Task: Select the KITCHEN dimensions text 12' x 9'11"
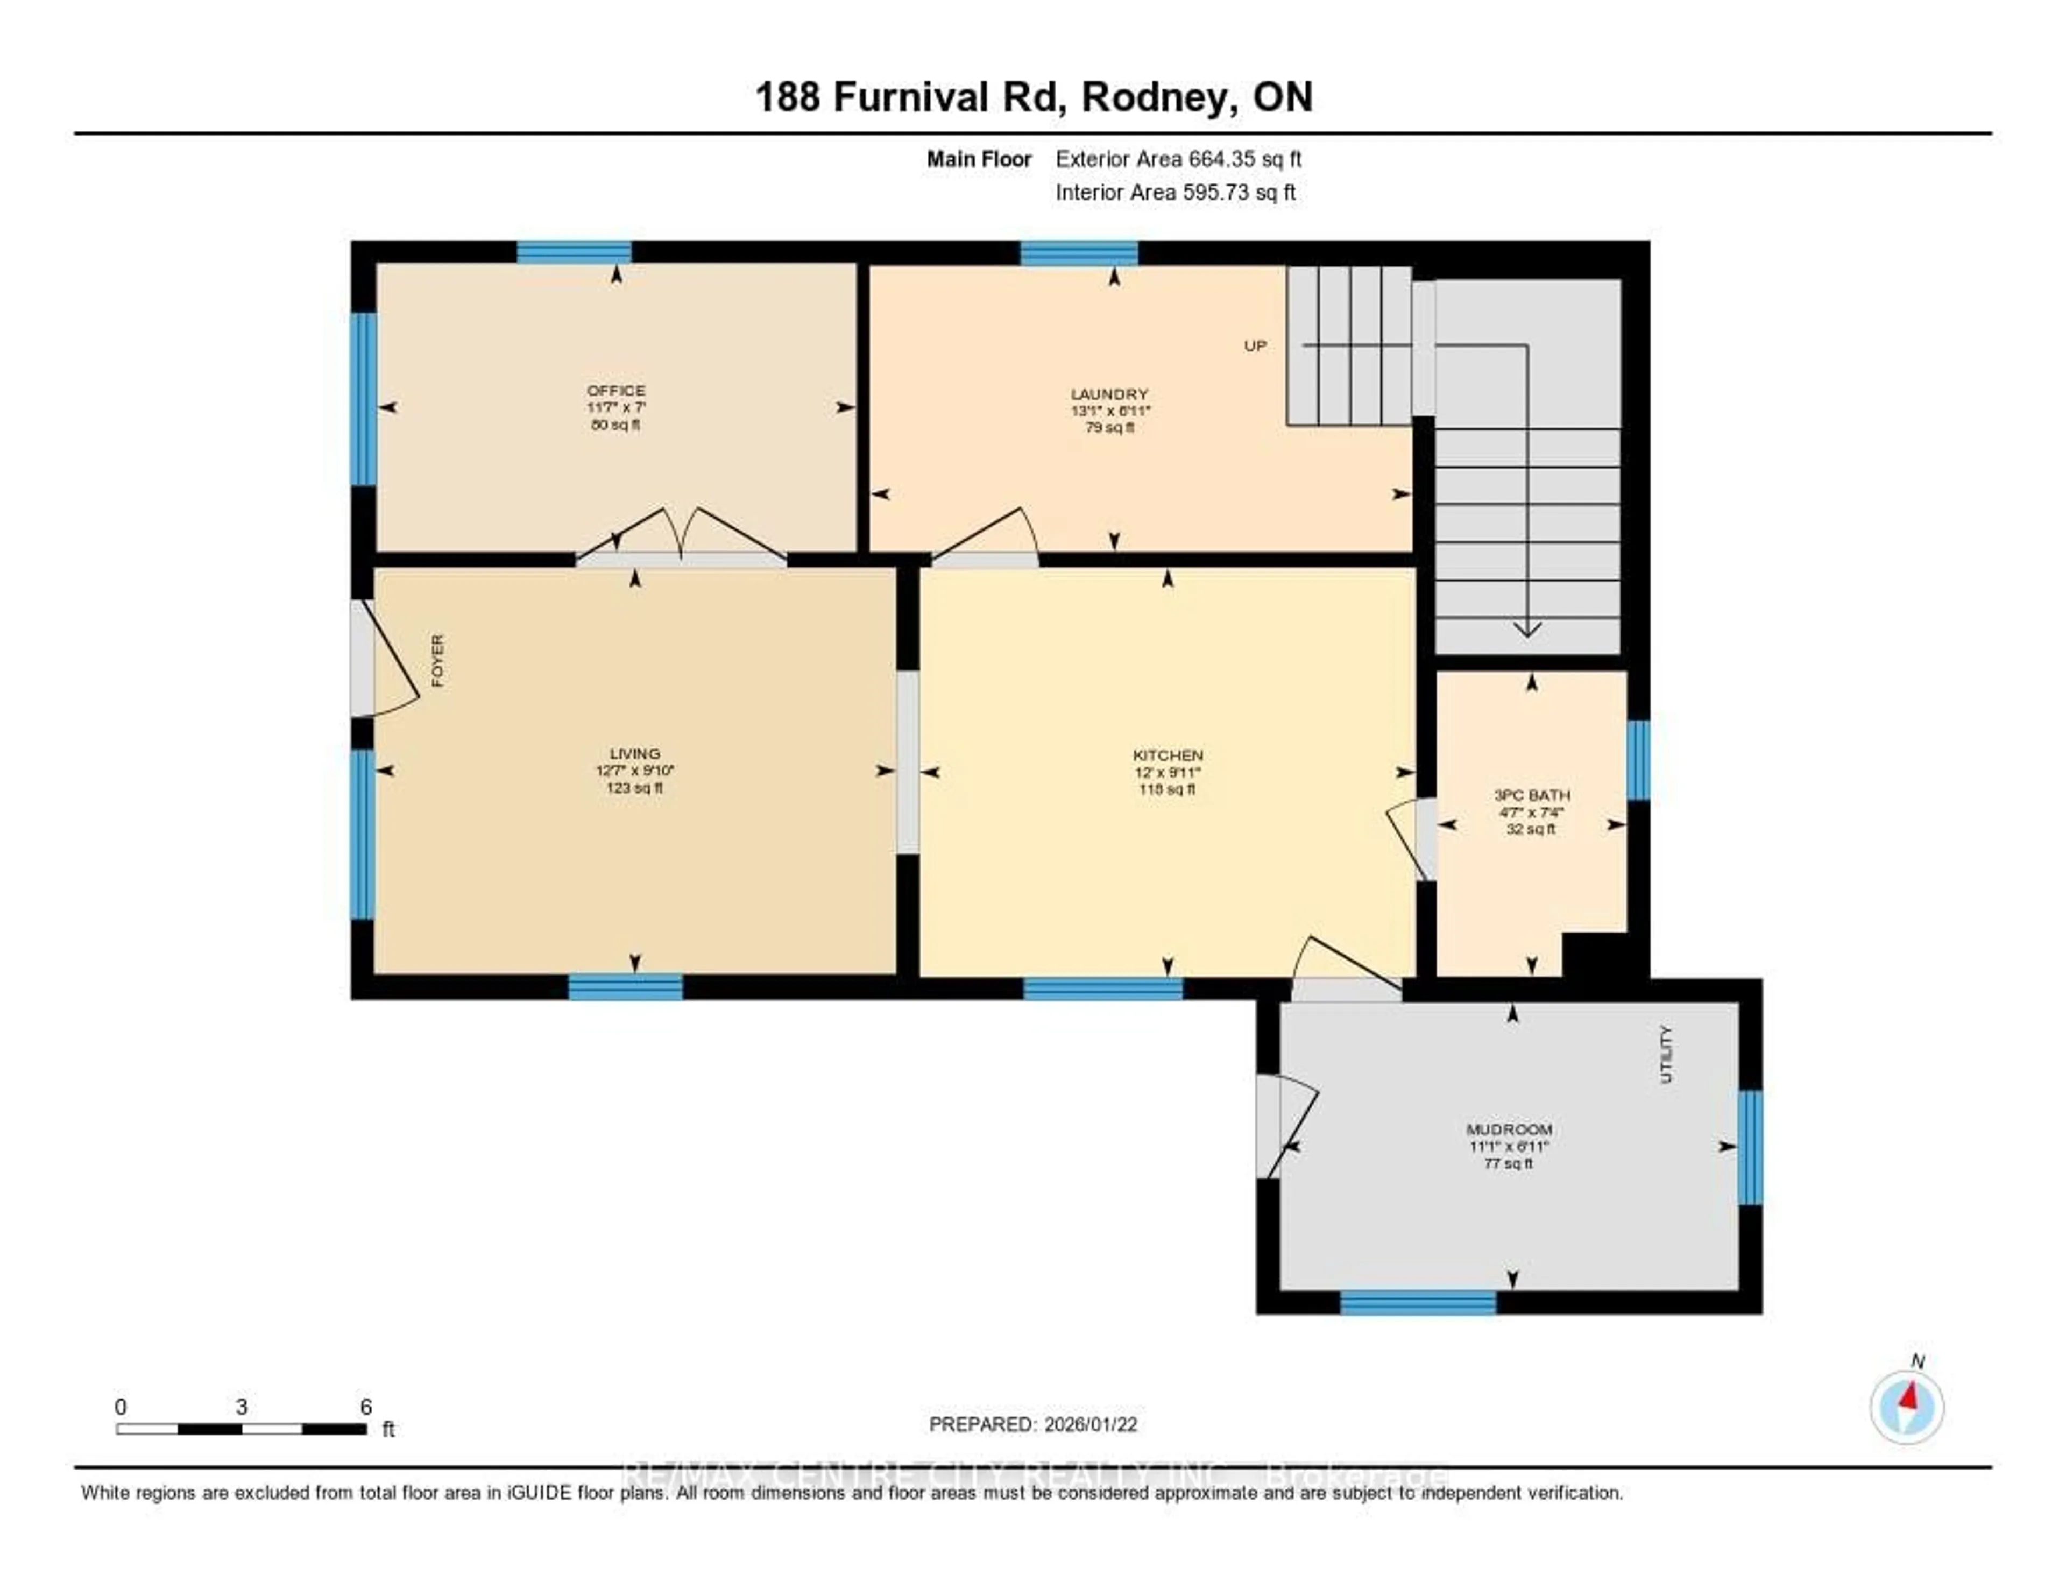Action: [1168, 772]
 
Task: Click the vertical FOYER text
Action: [437, 660]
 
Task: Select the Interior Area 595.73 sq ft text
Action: [1175, 193]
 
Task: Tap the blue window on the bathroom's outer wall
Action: [1638, 760]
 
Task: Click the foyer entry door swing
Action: [388, 662]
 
